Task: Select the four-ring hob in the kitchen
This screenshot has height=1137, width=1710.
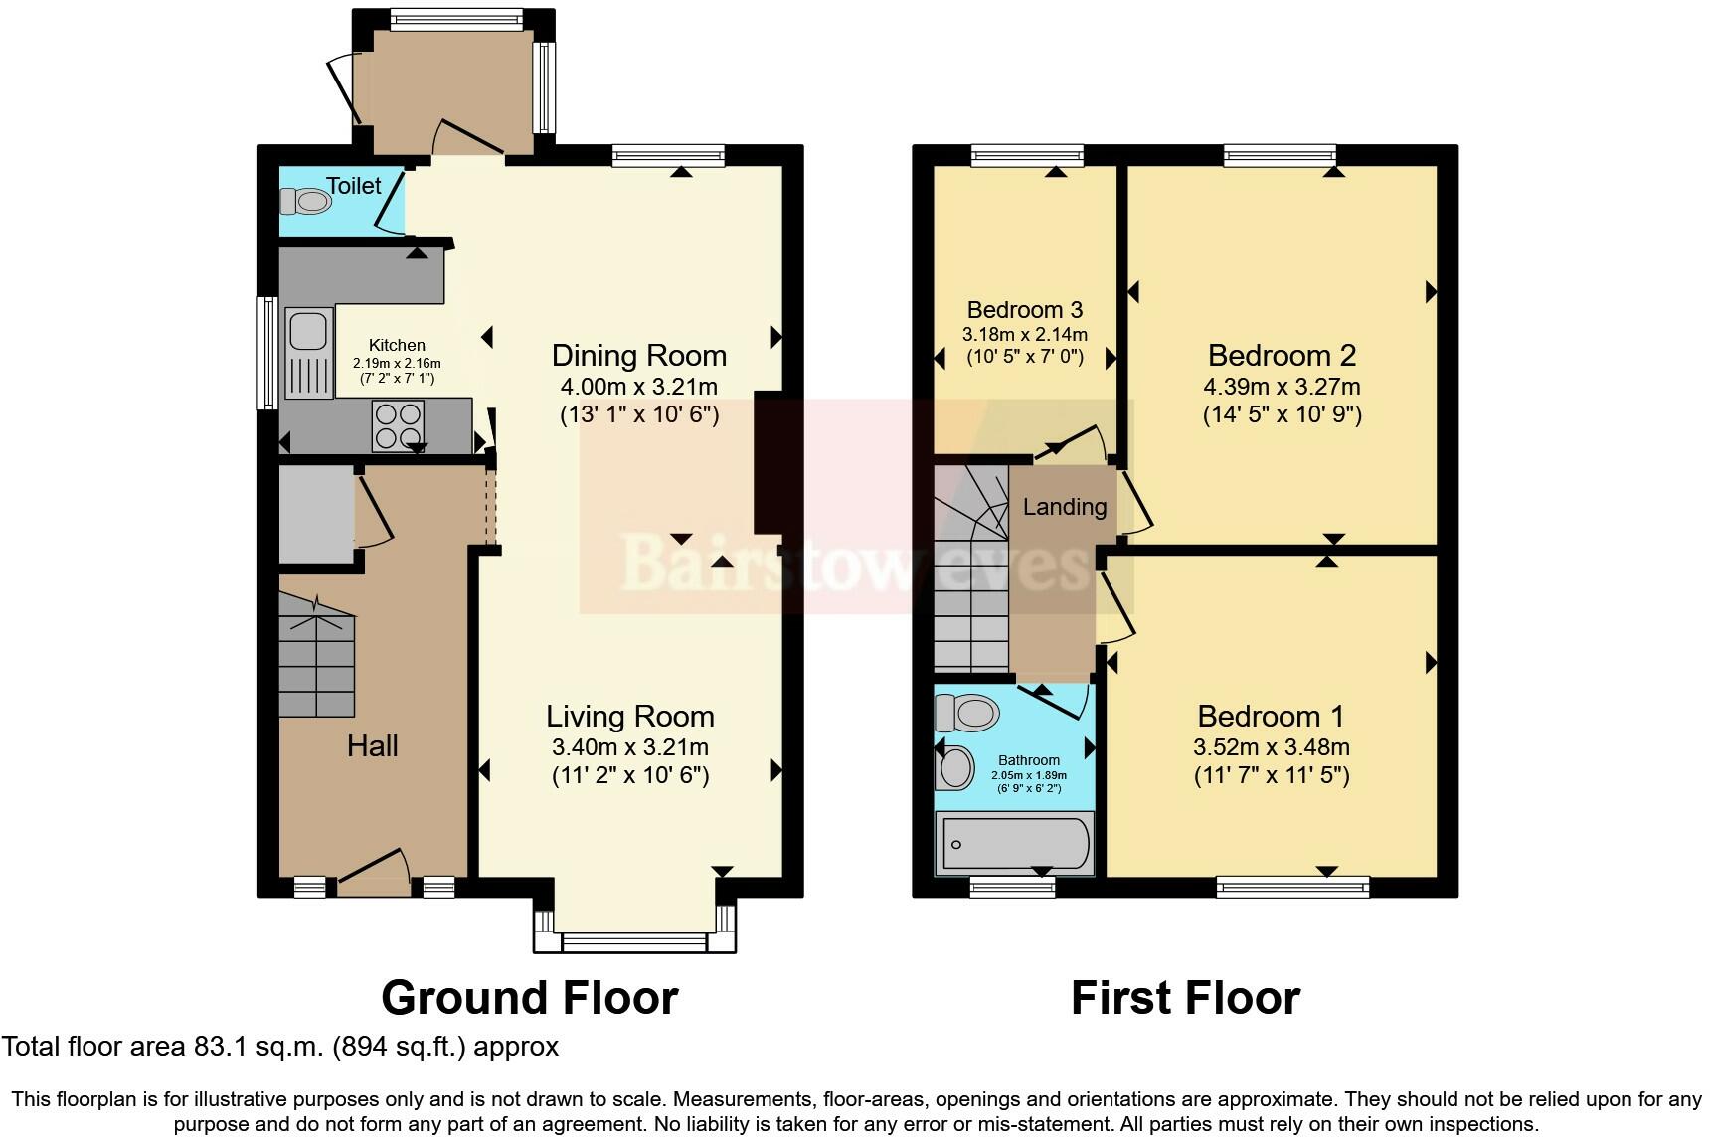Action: coord(399,425)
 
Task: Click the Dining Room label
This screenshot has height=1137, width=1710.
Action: coord(638,356)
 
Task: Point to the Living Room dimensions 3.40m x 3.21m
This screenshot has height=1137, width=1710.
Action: coord(629,747)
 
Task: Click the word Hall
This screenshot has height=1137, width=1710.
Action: coord(372,746)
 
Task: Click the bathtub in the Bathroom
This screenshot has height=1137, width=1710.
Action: coord(1014,844)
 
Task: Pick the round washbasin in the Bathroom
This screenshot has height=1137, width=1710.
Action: coord(955,768)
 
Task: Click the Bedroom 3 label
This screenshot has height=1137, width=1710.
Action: coord(1024,310)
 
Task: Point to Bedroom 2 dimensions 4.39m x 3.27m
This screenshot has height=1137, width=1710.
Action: coord(1282,387)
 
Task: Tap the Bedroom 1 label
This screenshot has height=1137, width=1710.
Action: coord(1271,716)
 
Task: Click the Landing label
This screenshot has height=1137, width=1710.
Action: coord(1064,507)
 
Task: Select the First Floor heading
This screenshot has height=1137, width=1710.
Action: coord(1185,998)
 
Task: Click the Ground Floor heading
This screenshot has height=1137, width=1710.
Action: coord(529,998)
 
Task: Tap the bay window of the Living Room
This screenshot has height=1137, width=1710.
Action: coord(634,940)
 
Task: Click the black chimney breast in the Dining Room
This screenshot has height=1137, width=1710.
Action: coord(769,463)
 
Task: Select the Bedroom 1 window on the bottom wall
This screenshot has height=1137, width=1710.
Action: coord(1292,886)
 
